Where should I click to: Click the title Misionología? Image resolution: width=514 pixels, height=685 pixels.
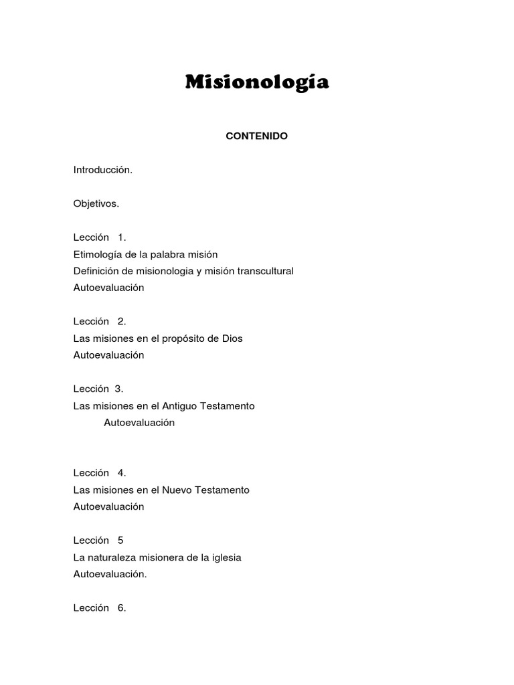(257, 83)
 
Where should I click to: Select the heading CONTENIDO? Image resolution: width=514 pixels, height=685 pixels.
(257, 136)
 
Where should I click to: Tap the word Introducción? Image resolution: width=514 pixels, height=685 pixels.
(102, 170)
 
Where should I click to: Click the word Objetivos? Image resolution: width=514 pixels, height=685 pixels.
(96, 204)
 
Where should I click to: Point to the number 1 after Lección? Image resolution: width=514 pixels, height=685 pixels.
(121, 237)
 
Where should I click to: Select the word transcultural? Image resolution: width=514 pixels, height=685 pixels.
(266, 271)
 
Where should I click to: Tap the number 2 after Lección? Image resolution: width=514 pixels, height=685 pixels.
(121, 322)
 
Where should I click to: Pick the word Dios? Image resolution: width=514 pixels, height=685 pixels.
(232, 338)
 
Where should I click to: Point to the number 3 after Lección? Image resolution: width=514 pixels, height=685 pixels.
(118, 389)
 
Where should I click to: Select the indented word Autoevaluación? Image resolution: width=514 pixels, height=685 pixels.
(139, 423)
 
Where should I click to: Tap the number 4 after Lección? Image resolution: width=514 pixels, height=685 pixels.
(121, 473)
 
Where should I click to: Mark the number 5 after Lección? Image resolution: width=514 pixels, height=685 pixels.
(120, 541)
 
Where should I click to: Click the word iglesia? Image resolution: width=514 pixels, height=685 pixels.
(226, 557)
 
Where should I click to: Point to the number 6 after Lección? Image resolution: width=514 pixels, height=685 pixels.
(121, 608)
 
